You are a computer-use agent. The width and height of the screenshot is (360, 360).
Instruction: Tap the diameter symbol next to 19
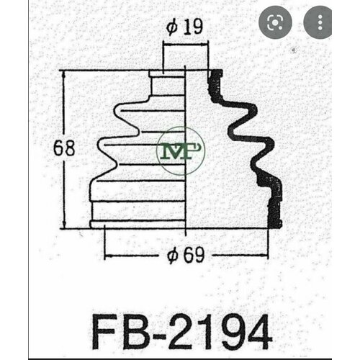[171, 29]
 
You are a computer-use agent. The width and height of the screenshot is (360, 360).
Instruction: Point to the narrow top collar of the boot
[168, 73]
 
